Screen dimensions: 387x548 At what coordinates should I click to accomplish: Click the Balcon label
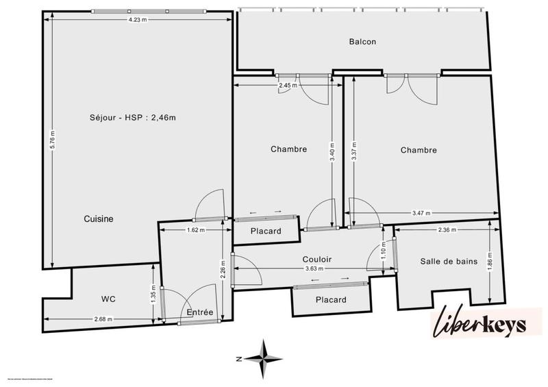pos(362,42)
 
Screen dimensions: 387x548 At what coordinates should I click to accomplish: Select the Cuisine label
pos(99,219)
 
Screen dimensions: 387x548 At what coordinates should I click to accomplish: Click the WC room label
pos(108,299)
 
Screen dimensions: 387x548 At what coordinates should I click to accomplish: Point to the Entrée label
pos(200,312)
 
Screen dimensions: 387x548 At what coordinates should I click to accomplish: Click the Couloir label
pos(317,260)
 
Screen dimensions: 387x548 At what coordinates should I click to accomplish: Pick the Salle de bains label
pos(447,261)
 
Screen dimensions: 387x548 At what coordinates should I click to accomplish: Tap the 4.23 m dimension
pos(137,20)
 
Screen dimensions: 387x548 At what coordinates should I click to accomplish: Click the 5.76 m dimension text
pos(52,145)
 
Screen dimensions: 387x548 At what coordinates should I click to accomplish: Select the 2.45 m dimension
pos(287,86)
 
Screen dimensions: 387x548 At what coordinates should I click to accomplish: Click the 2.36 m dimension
pos(448,230)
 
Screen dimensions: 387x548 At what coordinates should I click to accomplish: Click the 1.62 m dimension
pos(196,230)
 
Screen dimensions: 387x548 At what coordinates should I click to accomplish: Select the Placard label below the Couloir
pos(331,300)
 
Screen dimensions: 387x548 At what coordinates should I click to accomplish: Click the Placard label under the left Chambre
pos(266,231)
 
